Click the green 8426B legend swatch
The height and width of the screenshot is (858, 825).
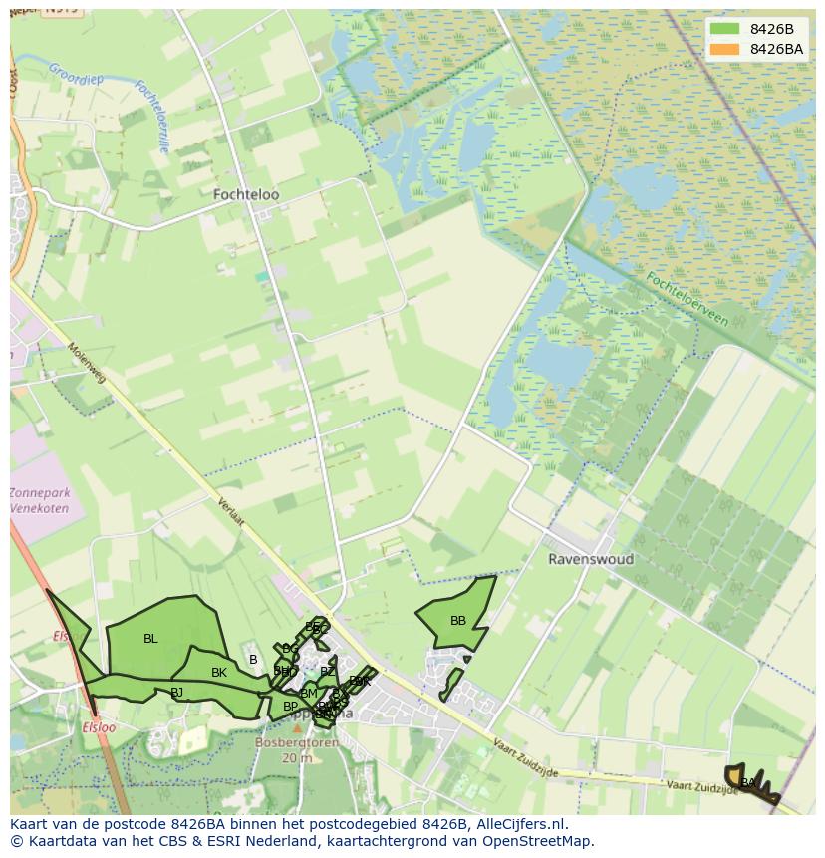[725, 30]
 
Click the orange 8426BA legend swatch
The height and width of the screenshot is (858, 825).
[725, 49]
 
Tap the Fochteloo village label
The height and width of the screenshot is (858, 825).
[246, 195]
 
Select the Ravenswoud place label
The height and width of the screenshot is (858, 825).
[591, 559]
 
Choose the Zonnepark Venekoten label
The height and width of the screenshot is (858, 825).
[40, 500]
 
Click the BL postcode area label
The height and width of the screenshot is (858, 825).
[150, 639]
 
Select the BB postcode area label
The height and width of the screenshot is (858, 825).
[458, 621]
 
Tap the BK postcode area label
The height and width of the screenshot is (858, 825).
[219, 673]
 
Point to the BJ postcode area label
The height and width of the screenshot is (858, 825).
[176, 692]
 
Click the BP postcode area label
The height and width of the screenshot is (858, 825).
[290, 707]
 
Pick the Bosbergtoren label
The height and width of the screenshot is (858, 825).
[297, 743]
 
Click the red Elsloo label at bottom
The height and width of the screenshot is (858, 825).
[99, 728]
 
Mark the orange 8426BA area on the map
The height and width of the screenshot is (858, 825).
[735, 773]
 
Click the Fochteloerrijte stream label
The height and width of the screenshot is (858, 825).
[151, 116]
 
